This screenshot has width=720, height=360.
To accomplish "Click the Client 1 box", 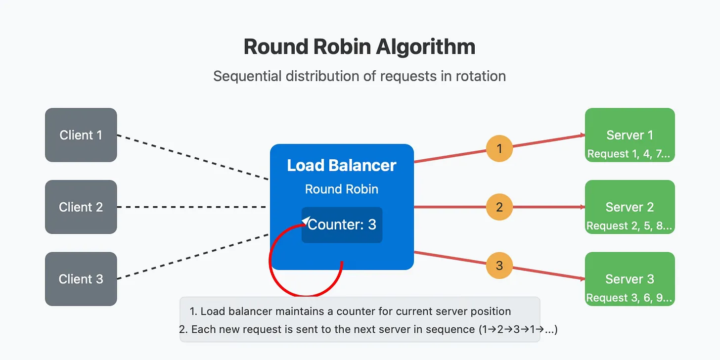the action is pyautogui.click(x=81, y=135).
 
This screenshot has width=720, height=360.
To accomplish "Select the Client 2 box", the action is pyautogui.click(x=81, y=207).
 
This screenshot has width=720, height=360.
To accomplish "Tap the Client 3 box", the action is pyautogui.click(x=81, y=279).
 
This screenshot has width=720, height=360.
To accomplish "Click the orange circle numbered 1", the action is pyautogui.click(x=499, y=148).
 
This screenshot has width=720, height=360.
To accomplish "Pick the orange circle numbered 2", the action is pyautogui.click(x=499, y=207).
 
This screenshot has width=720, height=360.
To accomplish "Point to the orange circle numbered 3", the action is pyautogui.click(x=499, y=266).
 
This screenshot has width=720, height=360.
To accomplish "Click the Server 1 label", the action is pyautogui.click(x=630, y=135).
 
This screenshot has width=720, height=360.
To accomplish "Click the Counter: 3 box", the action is pyautogui.click(x=342, y=225).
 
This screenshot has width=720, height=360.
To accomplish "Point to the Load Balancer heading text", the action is pyautogui.click(x=341, y=166).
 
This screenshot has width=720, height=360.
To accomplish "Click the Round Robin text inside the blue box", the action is pyautogui.click(x=341, y=189).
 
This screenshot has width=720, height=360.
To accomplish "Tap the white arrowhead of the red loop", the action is pyautogui.click(x=306, y=221).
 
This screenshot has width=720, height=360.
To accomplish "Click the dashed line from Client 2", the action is pyautogui.click(x=191, y=207).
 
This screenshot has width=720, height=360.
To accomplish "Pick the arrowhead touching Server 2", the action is pyautogui.click(x=582, y=207).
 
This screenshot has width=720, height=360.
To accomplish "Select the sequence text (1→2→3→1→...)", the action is pyautogui.click(x=518, y=329).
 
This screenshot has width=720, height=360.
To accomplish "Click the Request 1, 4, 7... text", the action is pyautogui.click(x=629, y=154).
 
